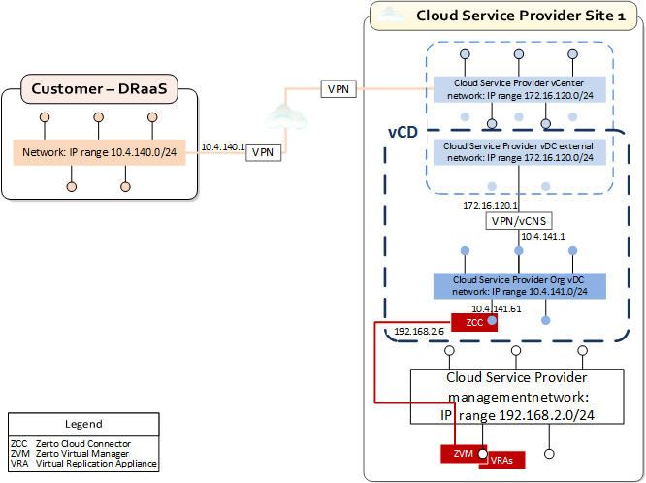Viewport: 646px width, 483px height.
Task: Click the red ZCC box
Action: point(474,322)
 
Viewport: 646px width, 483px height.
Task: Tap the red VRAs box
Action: point(501,460)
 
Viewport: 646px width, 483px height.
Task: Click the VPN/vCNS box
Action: point(518,221)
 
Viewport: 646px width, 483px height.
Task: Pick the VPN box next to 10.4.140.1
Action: point(261,153)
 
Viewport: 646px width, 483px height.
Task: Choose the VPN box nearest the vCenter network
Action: point(339,90)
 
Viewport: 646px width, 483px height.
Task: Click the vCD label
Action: point(404,131)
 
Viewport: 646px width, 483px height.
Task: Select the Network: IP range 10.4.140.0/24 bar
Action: point(99,152)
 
